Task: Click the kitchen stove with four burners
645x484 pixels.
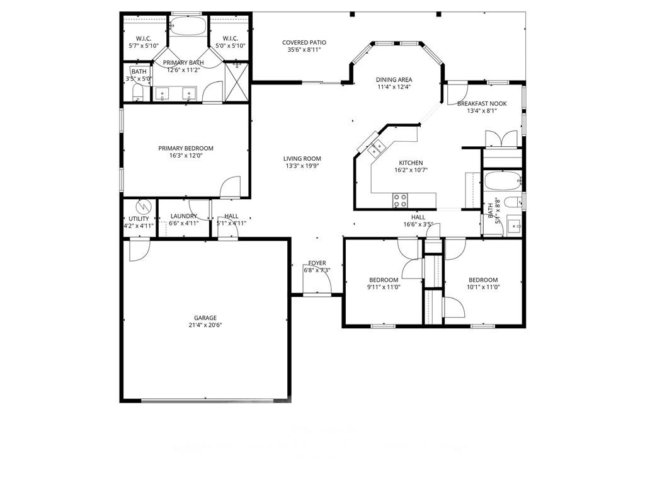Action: point(400,200)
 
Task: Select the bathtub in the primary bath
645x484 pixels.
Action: point(188,27)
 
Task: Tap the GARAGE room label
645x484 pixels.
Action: point(205,318)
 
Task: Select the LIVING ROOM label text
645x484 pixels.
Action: point(302,159)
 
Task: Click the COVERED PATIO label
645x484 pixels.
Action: point(304,42)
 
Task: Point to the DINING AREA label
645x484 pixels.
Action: point(394,79)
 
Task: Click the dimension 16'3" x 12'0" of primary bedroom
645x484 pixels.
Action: point(185,156)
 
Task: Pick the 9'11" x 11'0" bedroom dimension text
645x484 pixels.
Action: point(383,287)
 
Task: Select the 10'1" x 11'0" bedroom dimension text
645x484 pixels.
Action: point(482,287)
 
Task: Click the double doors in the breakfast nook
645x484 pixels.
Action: point(501,139)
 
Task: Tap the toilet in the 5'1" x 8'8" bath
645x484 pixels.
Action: point(513,202)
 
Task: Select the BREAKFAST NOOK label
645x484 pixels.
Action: point(482,103)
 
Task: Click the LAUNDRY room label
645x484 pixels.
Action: point(183,216)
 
